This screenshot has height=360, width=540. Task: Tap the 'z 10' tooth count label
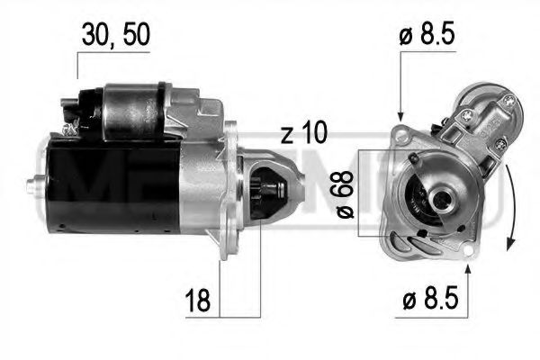coord(302,135)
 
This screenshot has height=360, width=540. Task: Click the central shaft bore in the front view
coord(442,193)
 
